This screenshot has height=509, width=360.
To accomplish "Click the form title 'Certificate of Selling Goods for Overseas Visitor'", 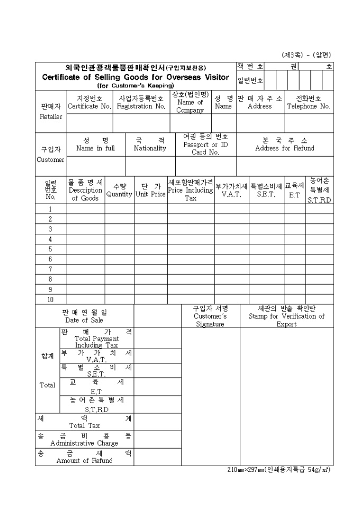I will click(x=136, y=77).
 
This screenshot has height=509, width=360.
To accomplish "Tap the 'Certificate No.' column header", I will click(x=89, y=106).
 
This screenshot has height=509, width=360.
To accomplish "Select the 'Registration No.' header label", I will click(x=141, y=106).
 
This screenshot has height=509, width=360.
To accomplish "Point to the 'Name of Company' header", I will click(x=190, y=106).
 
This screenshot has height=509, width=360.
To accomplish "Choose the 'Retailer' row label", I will click(x=51, y=116).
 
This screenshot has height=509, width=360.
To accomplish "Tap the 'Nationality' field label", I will click(x=150, y=149).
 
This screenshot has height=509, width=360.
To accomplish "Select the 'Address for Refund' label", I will click(x=284, y=149).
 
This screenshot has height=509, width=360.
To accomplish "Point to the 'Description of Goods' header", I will click(x=85, y=194).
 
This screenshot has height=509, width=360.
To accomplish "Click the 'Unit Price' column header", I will click(x=150, y=194).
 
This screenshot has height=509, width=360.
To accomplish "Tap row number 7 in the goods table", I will click(x=50, y=269).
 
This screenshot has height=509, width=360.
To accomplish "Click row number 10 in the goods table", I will click(x=50, y=299).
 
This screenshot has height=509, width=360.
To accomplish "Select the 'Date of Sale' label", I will click(x=84, y=320).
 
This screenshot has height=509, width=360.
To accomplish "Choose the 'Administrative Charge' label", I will click(x=84, y=443).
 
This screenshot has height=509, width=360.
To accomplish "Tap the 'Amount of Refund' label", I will click(x=84, y=461).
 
